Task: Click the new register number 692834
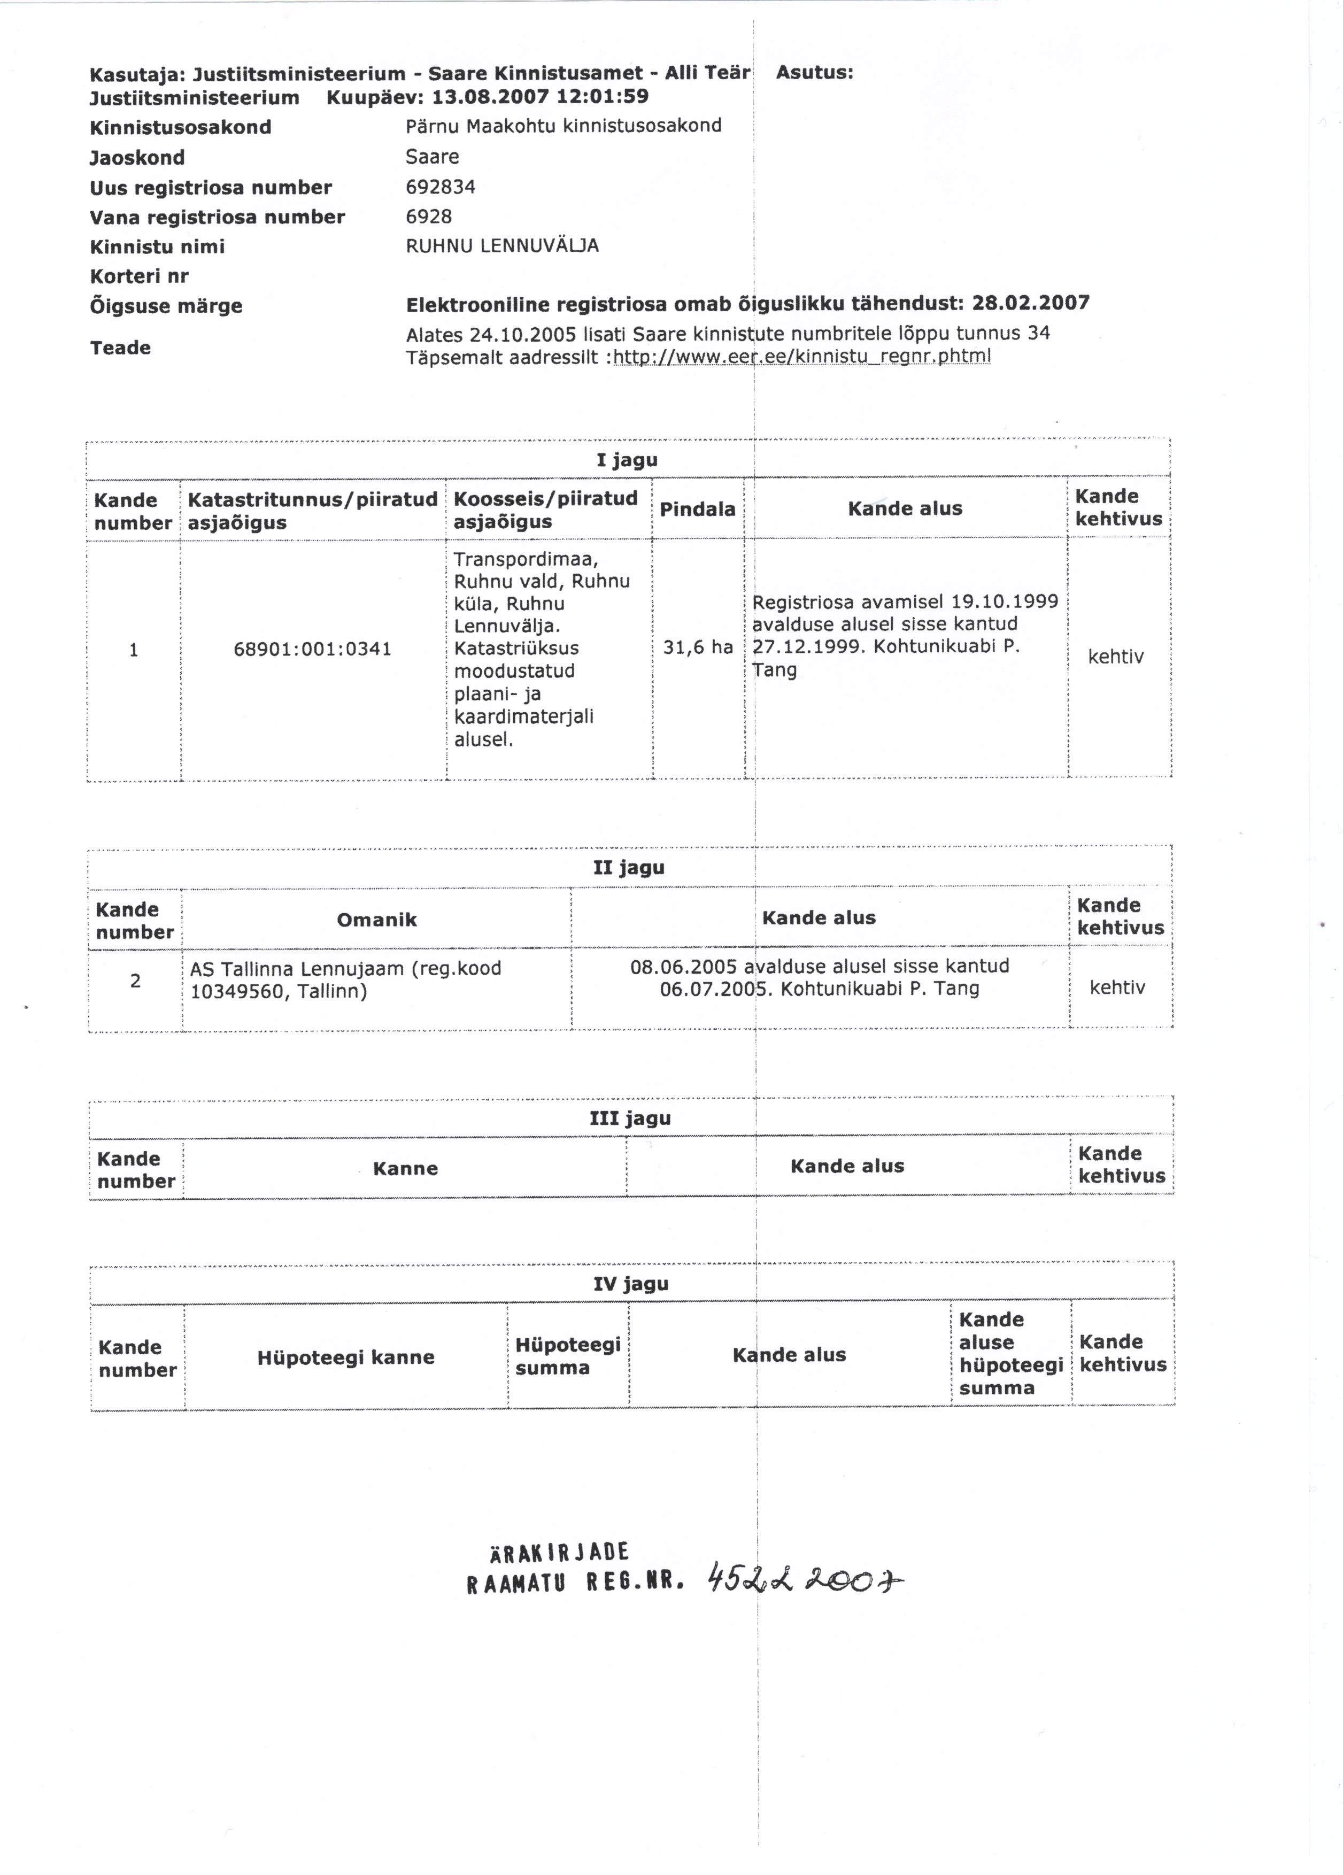[x=441, y=187]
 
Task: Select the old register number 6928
[x=429, y=217]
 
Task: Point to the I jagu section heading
[x=627, y=460]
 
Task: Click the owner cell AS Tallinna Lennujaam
[x=345, y=979]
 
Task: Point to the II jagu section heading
[x=628, y=867]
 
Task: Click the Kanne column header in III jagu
[x=405, y=1168]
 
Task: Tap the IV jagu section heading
[x=630, y=1283]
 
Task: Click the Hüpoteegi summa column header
[x=568, y=1356]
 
